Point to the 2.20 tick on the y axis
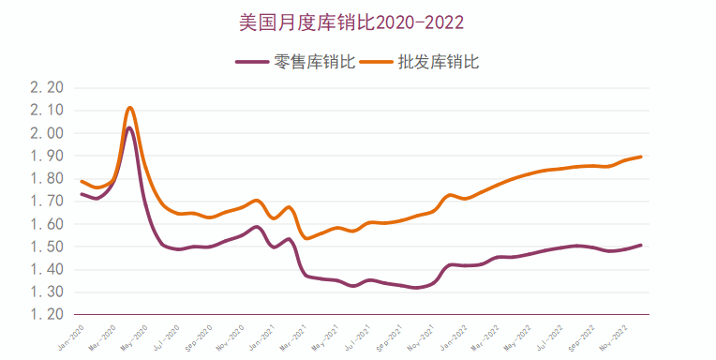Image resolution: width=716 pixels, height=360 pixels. click(x=46, y=88)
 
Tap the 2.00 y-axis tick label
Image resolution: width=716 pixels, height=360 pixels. click(x=46, y=133)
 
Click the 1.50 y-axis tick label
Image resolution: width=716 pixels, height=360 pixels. click(x=46, y=247)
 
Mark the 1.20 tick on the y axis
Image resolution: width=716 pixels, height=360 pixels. click(x=46, y=315)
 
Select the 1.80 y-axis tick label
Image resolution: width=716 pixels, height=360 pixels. click(x=46, y=179)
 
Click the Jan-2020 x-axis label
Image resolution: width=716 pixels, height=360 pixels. click(x=72, y=337)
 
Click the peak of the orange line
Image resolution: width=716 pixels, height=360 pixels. click(x=130, y=108)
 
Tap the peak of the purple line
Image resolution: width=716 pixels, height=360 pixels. click(x=129, y=127)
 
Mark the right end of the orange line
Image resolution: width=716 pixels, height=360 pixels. click(x=641, y=157)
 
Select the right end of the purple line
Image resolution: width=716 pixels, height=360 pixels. click(x=641, y=245)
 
